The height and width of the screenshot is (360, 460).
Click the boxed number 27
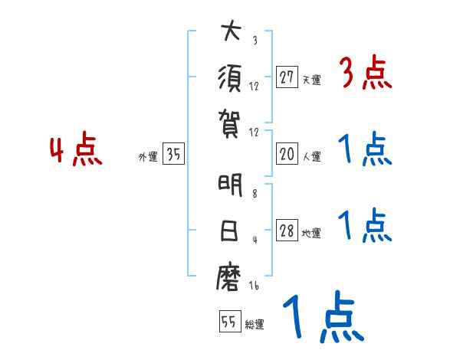pos(287,77)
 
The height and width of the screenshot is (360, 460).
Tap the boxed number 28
pos(287,231)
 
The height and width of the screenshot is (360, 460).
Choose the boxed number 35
pos(173,155)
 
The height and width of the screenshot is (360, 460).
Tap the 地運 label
pos(311,234)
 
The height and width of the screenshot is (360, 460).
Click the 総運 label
pos(255,324)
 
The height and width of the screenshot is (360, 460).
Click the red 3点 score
pos(365,74)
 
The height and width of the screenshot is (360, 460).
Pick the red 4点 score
pos(77,151)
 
